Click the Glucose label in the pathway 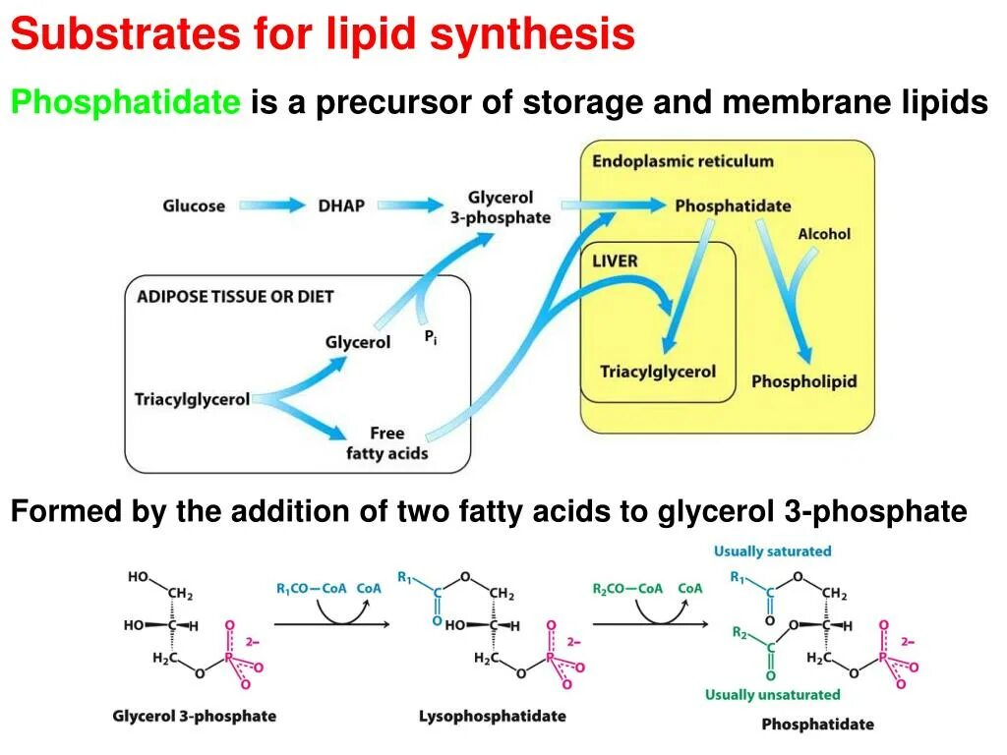[x=194, y=205]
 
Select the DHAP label [x=340, y=205]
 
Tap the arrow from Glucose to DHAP [x=272, y=205]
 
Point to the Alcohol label [x=823, y=234]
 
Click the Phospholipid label [x=803, y=381]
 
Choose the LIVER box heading [x=615, y=261]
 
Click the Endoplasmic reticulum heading [x=682, y=161]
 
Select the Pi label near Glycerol [x=430, y=337]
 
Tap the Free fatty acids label [x=386, y=443]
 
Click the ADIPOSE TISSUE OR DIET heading [x=235, y=296]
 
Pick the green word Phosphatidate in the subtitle [x=125, y=101]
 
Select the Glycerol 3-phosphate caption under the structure [x=195, y=716]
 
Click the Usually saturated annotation [x=772, y=552]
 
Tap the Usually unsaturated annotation [x=772, y=695]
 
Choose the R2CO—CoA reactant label [x=627, y=589]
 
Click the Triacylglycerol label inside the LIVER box [x=658, y=372]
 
